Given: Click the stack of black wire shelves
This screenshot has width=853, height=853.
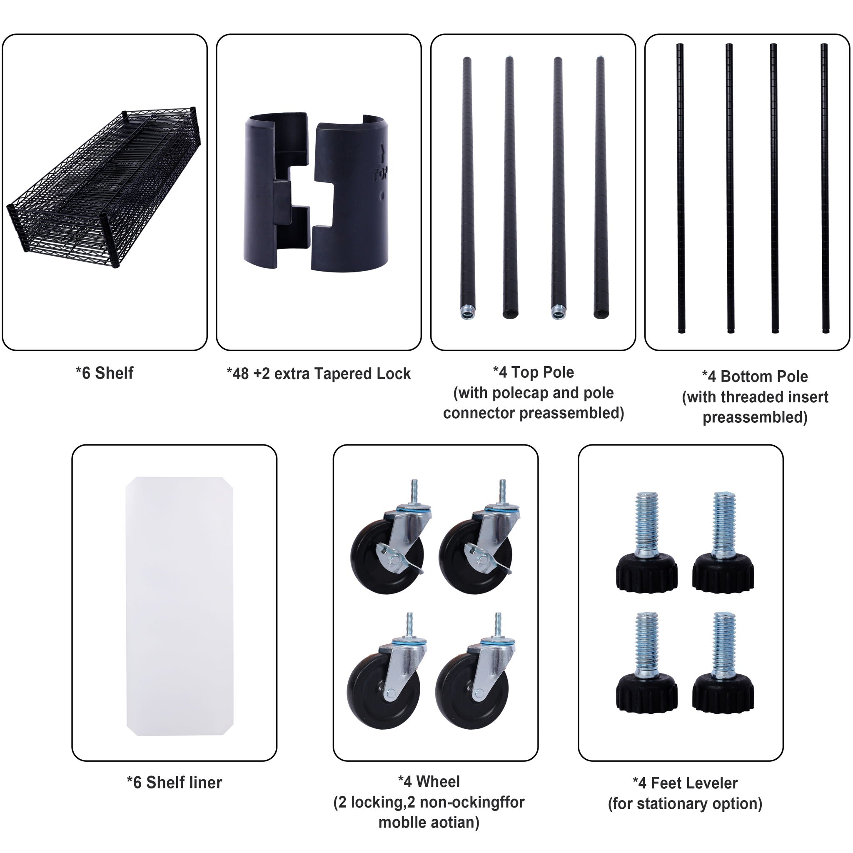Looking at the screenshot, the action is coord(104,188).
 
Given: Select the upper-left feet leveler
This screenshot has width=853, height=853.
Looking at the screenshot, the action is coord(647,543).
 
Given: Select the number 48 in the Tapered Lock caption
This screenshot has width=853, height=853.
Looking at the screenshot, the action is coord(241,374).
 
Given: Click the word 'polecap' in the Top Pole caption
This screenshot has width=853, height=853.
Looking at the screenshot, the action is coord(519,393).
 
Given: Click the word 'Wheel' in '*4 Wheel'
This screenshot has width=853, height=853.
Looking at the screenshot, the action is coord(438,781).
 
